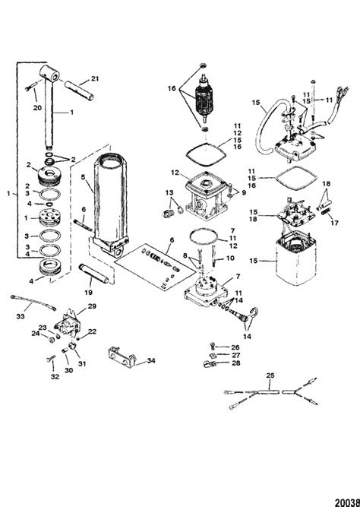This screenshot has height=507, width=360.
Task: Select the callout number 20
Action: [x=37, y=107]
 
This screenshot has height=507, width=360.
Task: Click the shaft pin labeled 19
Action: [x=94, y=274]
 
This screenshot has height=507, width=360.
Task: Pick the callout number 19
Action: [x=88, y=293]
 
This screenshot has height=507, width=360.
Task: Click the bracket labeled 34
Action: [x=122, y=358]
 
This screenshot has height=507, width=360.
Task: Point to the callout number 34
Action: [x=150, y=360]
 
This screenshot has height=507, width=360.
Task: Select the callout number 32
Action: [x=55, y=377]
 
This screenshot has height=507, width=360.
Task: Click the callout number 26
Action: [x=235, y=347]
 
